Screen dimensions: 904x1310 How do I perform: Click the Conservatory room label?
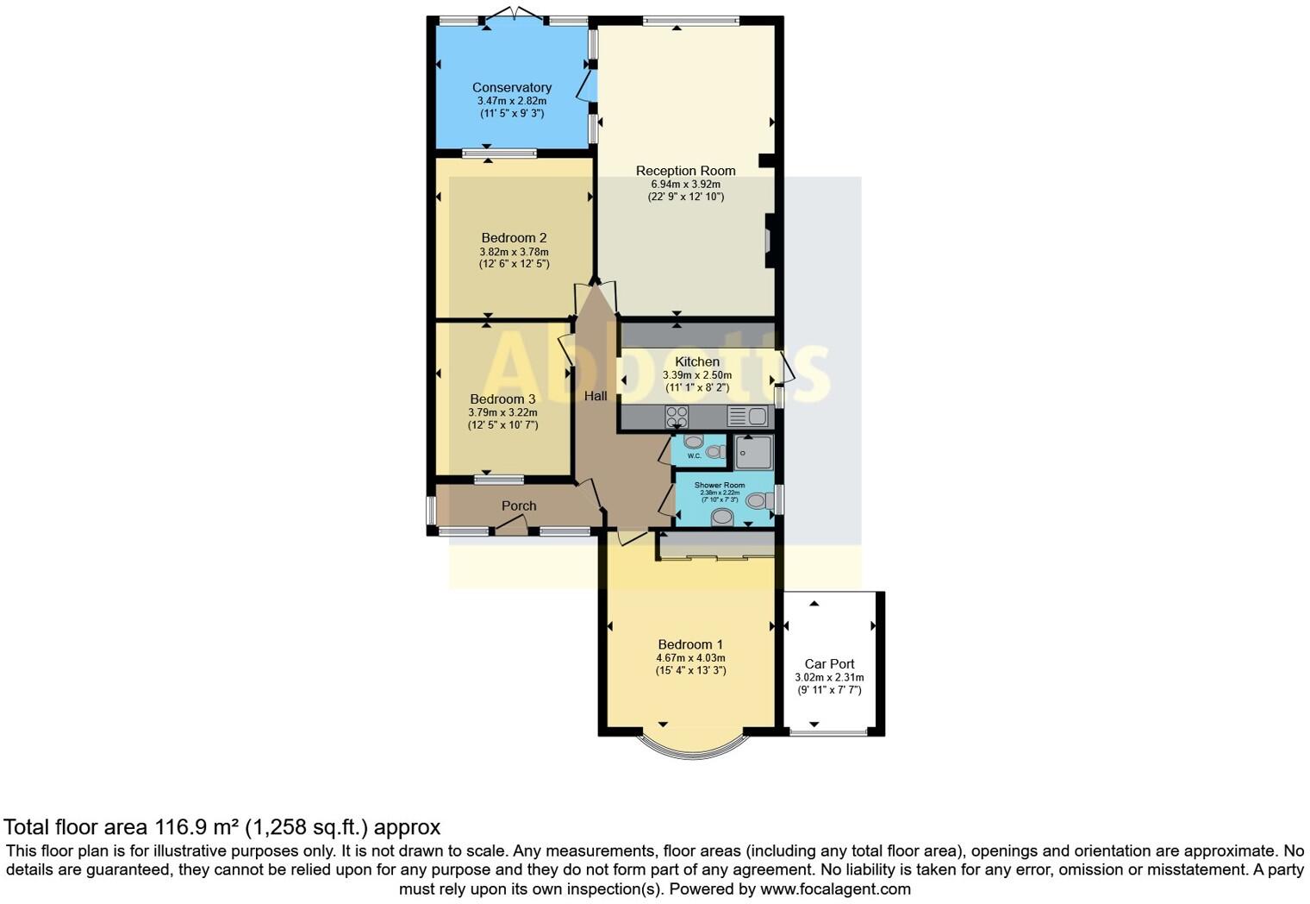pyautogui.click(x=512, y=87)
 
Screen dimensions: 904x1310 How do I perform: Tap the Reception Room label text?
pyautogui.click(x=685, y=171)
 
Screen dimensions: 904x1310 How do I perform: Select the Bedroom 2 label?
pyautogui.click(x=514, y=237)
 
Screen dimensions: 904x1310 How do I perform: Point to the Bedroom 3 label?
pyautogui.click(x=502, y=399)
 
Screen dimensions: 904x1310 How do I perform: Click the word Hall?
pyautogui.click(x=596, y=396)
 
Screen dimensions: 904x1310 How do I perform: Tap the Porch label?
pyautogui.click(x=519, y=505)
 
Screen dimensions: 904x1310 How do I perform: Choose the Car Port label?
pyautogui.click(x=829, y=663)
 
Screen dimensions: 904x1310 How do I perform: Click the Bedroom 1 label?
pyautogui.click(x=690, y=644)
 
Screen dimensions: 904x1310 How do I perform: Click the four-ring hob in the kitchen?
pyautogui.click(x=677, y=417)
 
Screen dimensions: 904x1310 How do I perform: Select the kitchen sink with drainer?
pyautogui.click(x=747, y=417)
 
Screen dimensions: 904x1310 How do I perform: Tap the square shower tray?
pyautogui.click(x=752, y=452)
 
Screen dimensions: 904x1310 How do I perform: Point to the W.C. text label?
pyautogui.click(x=694, y=455)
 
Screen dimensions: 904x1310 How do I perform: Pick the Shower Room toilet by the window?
pyautogui.click(x=756, y=500)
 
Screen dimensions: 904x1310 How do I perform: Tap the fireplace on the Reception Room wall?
pyautogui.click(x=767, y=240)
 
